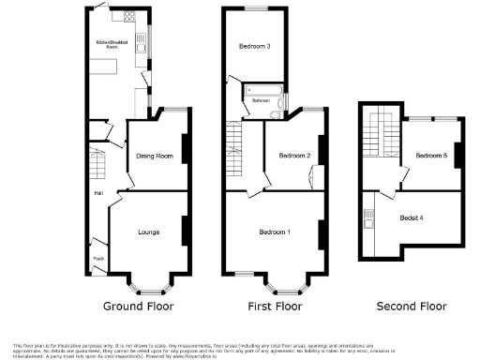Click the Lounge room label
pos(148,232)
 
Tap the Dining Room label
pos(155,157)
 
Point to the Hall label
pos(97,194)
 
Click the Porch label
pos(97,258)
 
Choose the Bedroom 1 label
pos(275,232)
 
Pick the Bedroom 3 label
pos(254,46)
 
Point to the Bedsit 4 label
pos(411,217)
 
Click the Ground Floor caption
pos(137,307)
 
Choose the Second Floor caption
pos(412,307)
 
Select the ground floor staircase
pos(96,159)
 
